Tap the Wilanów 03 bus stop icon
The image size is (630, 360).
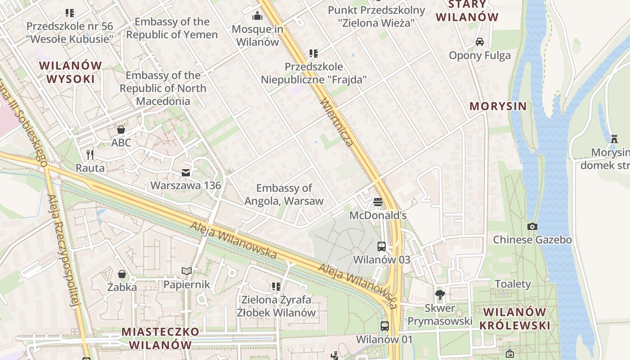point(382,246)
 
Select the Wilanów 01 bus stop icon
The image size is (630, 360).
point(384,326)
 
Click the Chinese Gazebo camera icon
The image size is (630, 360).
point(532,226)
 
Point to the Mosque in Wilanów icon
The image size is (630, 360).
point(257,16)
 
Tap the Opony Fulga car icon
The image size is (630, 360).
point(480,42)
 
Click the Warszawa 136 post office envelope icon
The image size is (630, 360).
point(186,173)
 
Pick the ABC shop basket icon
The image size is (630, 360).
point(121,130)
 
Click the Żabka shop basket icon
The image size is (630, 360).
point(121,274)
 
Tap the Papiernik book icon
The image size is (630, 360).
point(187,271)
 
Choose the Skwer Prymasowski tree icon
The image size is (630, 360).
point(440,295)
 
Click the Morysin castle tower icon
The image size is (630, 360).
point(614,139)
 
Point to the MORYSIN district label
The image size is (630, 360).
point(498,106)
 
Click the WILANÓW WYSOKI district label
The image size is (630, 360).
point(71,72)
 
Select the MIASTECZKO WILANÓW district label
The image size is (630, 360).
point(160,338)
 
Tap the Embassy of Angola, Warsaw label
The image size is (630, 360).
point(284,194)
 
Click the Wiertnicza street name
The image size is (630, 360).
point(337,122)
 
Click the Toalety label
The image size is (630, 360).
point(513,284)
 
